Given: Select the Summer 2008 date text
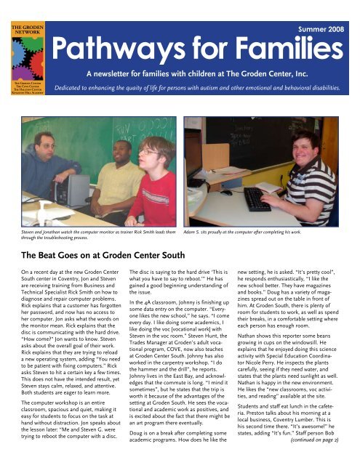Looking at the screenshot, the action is pos(325,30).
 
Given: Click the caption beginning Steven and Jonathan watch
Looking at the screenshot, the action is pos(92,233).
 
